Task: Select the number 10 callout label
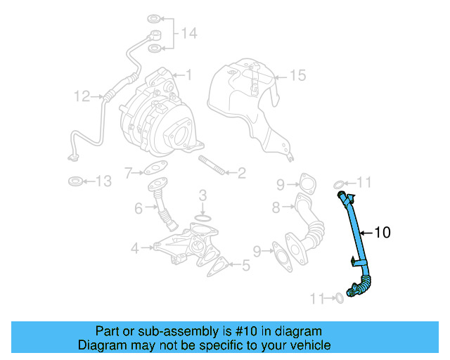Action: (382, 231)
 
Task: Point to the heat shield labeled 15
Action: (246, 105)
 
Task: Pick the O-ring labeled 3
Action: (202, 220)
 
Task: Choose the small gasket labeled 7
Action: (155, 168)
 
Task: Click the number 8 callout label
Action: (276, 207)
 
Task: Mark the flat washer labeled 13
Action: (74, 182)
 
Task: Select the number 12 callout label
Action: (82, 94)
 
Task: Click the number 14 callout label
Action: (189, 33)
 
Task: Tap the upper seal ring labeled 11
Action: (339, 184)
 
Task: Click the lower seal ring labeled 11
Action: (338, 298)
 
